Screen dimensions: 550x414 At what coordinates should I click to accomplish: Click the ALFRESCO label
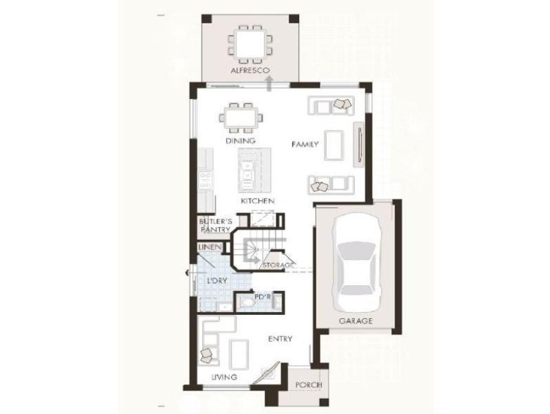tap(250, 70)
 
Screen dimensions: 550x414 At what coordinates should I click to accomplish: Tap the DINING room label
tap(240, 141)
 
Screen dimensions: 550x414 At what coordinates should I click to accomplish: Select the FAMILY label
tap(305, 144)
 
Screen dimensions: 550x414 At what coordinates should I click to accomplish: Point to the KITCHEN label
tap(257, 201)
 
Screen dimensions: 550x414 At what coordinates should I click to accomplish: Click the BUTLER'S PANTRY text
tap(215, 226)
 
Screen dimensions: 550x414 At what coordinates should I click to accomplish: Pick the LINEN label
tap(210, 248)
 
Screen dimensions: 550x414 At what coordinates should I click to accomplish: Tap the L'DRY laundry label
tap(217, 281)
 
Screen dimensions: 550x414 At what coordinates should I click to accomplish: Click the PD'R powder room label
tap(263, 297)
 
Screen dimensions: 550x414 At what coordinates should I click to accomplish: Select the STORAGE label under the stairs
tap(278, 265)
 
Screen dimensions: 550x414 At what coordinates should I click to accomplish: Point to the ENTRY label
tap(280, 339)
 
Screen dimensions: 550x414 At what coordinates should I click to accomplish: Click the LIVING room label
tap(224, 377)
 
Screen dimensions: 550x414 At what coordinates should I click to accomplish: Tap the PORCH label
tap(308, 385)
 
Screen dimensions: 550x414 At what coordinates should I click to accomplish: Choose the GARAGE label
tap(355, 321)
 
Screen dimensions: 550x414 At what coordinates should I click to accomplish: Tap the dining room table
tap(241, 118)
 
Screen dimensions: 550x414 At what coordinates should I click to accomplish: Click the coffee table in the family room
tap(333, 145)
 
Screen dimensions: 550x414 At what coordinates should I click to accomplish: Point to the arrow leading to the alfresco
tap(269, 84)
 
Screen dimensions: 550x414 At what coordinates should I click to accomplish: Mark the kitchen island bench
tap(254, 170)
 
